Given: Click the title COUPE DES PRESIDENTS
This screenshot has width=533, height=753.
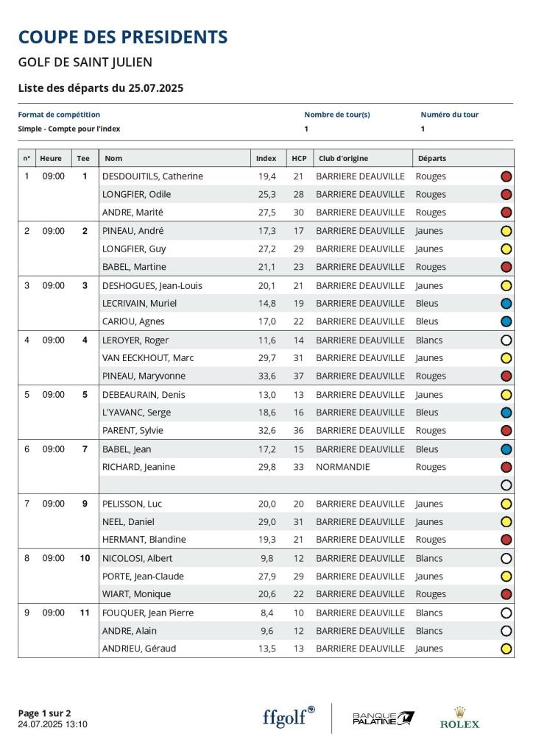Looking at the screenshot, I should tap(123, 37).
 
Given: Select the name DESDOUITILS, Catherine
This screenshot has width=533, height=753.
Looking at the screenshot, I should tap(152, 176).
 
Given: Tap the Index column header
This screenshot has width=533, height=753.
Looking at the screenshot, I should tap(266, 158).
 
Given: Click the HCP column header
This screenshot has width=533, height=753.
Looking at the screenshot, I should tap(299, 158).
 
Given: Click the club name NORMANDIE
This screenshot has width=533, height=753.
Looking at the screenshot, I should tap(342, 467).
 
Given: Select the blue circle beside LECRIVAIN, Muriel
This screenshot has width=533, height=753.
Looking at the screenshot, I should tap(506, 304).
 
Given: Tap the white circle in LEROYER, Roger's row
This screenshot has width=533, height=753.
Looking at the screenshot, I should tap(506, 340).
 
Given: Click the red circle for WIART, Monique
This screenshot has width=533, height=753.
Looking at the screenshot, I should tap(506, 594).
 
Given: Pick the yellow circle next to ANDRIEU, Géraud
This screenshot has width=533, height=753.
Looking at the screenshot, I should tap(506, 649).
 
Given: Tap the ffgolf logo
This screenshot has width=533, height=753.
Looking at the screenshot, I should tap(289, 717).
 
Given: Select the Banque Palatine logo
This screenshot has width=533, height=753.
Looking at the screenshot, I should tap(383, 718).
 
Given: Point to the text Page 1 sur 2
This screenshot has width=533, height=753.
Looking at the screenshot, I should tap(44, 713).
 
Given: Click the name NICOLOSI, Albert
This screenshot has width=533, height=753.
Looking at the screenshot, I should tap(137, 558).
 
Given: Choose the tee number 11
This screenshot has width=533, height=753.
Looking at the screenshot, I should tap(85, 613).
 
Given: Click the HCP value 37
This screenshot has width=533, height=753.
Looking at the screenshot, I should tap(298, 376).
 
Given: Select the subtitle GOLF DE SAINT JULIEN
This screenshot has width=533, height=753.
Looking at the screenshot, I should tap(85, 63).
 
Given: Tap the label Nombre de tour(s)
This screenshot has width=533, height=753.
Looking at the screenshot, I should tap(336, 115).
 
